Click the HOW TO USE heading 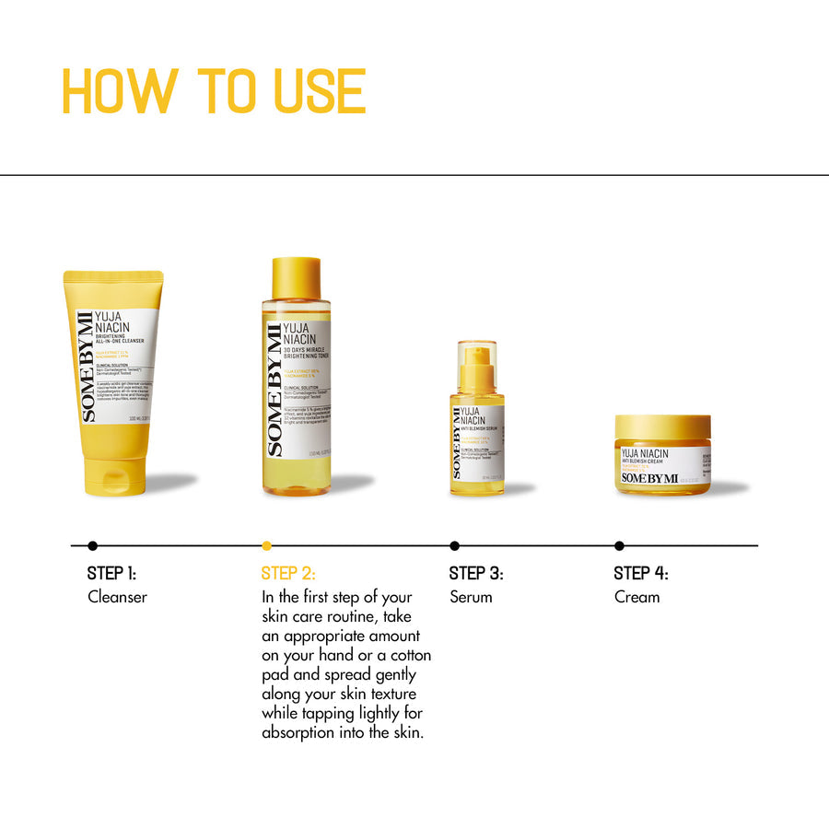click(x=214, y=91)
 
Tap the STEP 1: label click(x=111, y=573)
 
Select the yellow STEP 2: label click(x=288, y=573)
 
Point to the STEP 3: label click(x=476, y=573)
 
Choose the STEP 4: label click(x=641, y=573)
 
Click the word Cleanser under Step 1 click(x=117, y=597)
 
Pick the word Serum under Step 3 click(x=471, y=597)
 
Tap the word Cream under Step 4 click(x=637, y=597)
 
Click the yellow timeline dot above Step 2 click(x=267, y=545)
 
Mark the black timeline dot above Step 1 click(x=92, y=545)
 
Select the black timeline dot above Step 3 click(x=454, y=545)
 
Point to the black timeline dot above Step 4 click(x=619, y=545)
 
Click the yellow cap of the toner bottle click(x=297, y=278)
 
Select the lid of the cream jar click(x=663, y=427)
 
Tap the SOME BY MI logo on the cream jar click(x=649, y=477)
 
